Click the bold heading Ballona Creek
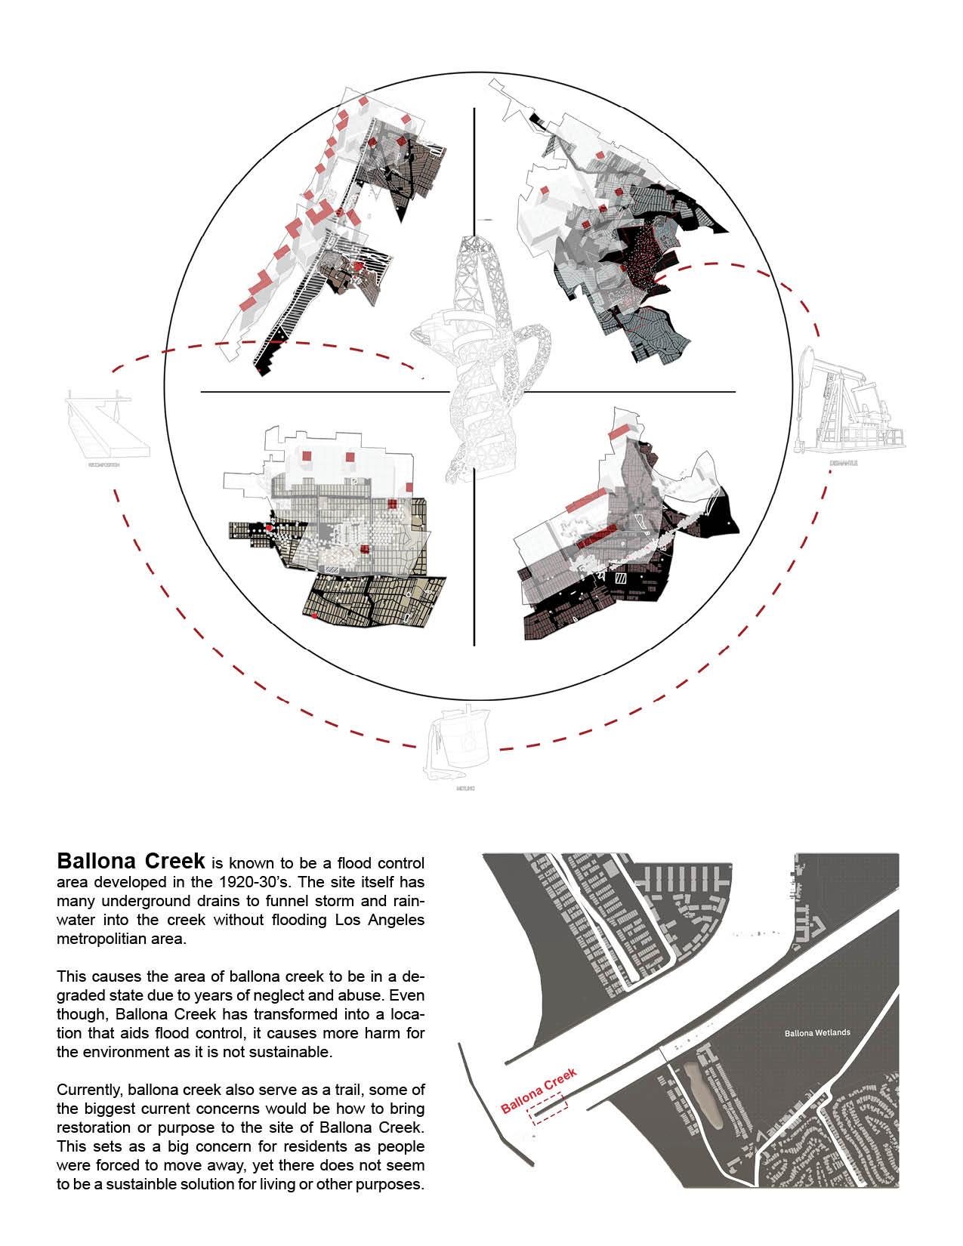click(131, 861)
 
